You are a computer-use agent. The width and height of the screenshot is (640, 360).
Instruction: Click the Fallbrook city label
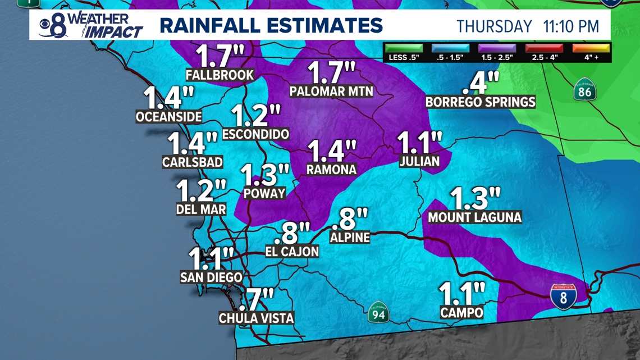click(x=220, y=75)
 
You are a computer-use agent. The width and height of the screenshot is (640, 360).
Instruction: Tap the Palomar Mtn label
click(x=331, y=91)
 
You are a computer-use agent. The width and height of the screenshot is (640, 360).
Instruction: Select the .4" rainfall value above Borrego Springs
click(x=481, y=83)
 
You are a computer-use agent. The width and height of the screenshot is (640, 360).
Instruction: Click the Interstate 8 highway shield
click(x=563, y=296)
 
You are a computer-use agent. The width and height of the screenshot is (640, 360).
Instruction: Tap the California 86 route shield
click(x=584, y=90)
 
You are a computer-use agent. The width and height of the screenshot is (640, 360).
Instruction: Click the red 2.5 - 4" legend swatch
click(x=544, y=48)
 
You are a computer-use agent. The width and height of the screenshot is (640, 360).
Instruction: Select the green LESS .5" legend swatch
click(x=404, y=48)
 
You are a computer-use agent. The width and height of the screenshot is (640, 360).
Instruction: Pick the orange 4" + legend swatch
click(x=591, y=48)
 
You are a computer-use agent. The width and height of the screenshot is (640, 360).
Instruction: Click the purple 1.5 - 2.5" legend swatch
click(x=497, y=48)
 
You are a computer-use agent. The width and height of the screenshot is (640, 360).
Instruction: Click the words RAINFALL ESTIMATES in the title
click(x=271, y=26)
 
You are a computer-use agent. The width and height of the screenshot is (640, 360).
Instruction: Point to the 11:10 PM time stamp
click(x=571, y=26)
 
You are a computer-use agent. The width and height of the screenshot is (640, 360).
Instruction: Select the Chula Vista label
click(x=256, y=318)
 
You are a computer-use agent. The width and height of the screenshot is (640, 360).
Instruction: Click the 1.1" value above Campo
click(x=461, y=294)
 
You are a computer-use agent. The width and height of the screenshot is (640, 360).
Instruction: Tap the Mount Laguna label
click(x=474, y=217)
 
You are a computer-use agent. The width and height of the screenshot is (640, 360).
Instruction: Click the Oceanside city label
click(x=168, y=117)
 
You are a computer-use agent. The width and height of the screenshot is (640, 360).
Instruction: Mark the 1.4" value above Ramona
click(x=332, y=152)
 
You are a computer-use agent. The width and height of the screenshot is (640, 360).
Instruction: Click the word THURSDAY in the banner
click(x=494, y=26)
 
